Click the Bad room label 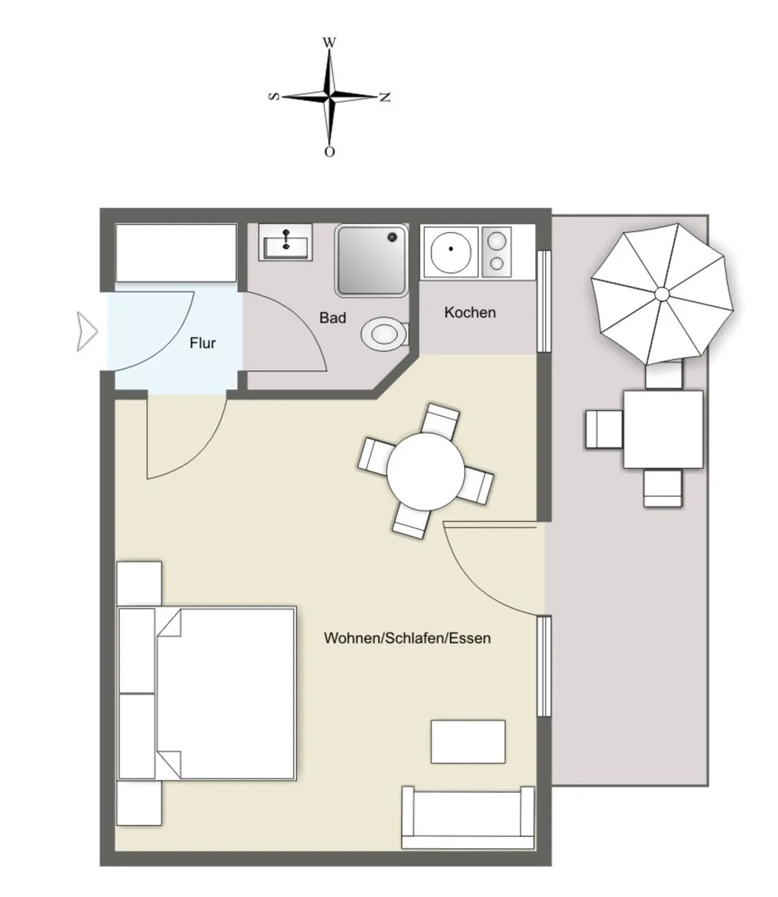click(x=332, y=318)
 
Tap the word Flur click(x=202, y=343)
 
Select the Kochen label click(x=470, y=312)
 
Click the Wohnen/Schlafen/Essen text click(x=407, y=638)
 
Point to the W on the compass click(x=329, y=42)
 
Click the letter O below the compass click(x=329, y=152)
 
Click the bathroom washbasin click(x=285, y=242)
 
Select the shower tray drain click(x=392, y=237)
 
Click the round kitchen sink click(x=450, y=250)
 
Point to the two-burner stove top click(x=496, y=252)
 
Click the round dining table click(x=425, y=472)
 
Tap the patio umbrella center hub click(x=662, y=294)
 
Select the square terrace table click(x=663, y=430)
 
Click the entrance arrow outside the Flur click(x=87, y=331)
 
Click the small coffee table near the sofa click(x=468, y=741)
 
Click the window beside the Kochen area click(x=544, y=301)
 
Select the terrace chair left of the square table click(x=604, y=429)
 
